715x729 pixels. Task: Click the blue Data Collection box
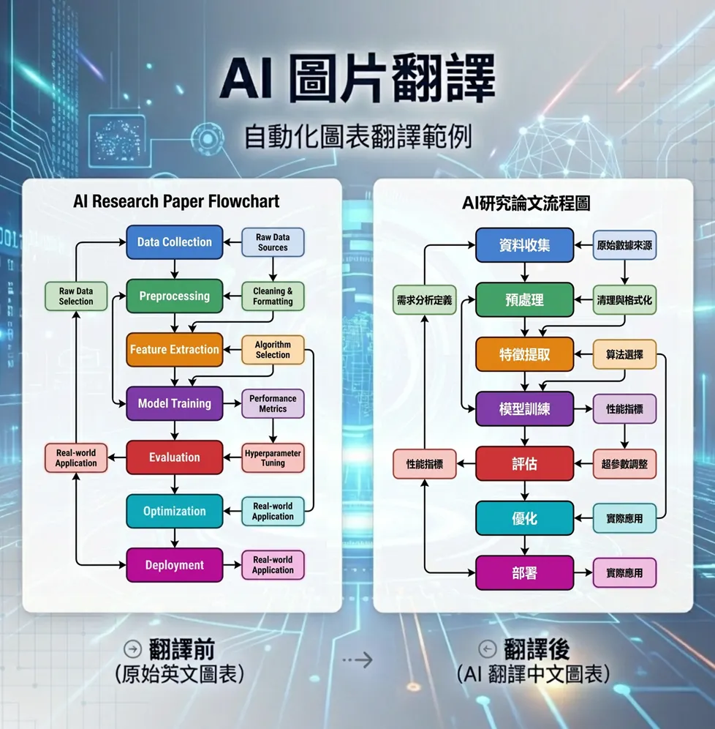click(174, 242)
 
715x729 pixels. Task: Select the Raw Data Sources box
click(273, 242)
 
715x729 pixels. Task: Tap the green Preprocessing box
click(174, 296)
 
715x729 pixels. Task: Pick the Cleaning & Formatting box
click(273, 296)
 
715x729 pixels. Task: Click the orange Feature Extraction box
click(174, 350)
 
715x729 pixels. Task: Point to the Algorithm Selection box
click(273, 350)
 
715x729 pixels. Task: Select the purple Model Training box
click(174, 403)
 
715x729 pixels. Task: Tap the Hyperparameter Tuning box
click(273, 457)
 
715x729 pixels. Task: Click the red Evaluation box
click(174, 457)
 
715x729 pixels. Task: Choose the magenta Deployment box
click(174, 565)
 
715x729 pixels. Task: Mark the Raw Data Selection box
click(76, 296)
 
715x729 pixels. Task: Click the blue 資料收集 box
click(524, 245)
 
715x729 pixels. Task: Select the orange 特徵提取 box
click(524, 354)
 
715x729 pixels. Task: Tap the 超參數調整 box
click(624, 464)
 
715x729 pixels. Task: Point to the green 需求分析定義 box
click(425, 300)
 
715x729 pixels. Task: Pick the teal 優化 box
click(524, 518)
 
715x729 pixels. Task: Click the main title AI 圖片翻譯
click(357, 78)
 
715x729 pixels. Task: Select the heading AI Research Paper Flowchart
click(176, 201)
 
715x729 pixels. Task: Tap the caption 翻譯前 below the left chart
click(181, 649)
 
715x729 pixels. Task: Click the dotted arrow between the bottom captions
click(357, 660)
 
